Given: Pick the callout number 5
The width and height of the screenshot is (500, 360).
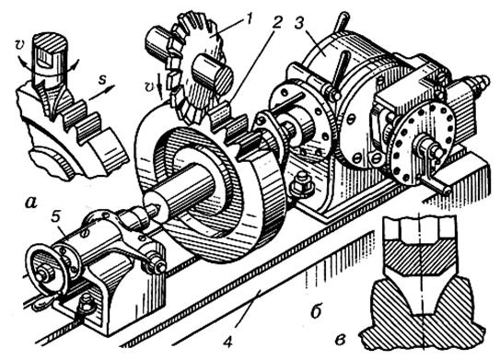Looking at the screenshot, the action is (56, 217).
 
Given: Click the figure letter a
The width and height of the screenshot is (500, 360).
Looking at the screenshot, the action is (31, 202).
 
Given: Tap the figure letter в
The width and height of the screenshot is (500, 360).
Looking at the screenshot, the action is (341, 339).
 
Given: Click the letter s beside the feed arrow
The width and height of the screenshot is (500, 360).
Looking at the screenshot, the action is (101, 79).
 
